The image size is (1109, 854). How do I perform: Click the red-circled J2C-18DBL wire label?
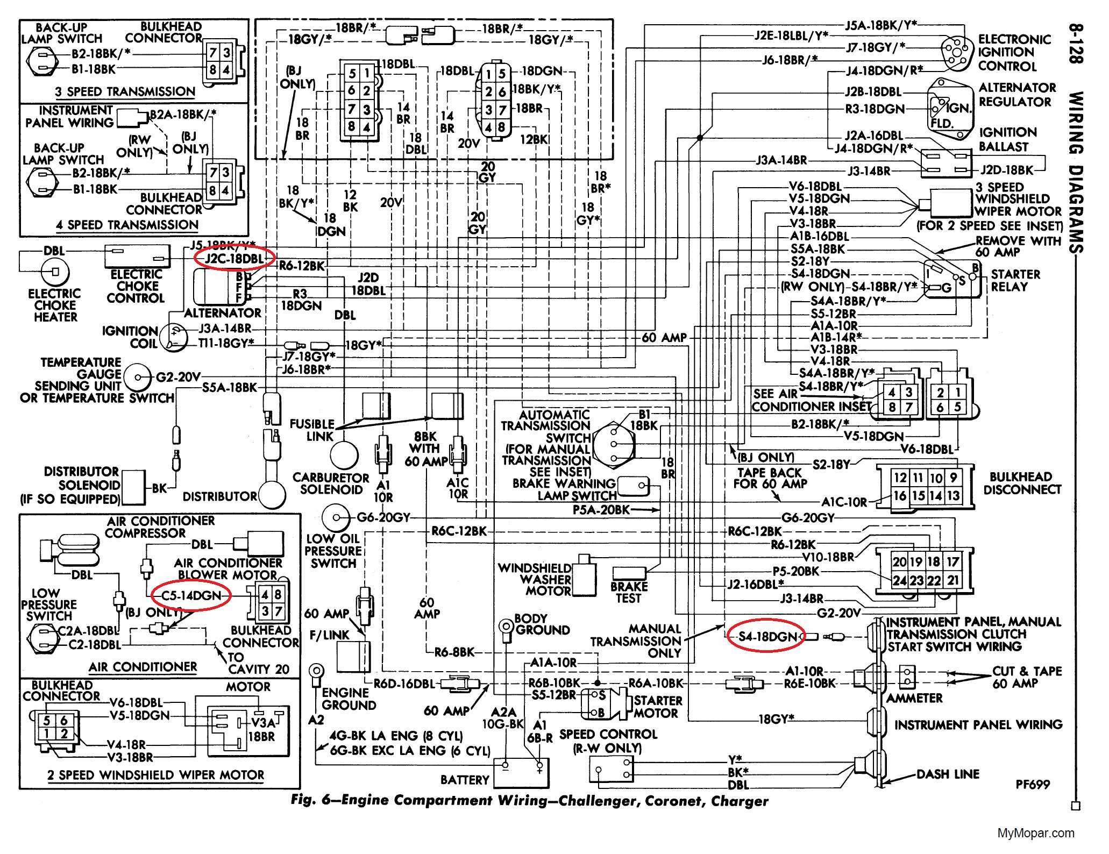coord(234,259)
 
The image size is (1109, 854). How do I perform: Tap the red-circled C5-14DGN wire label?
coord(191,595)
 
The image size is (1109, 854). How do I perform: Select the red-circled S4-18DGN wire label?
coord(767,637)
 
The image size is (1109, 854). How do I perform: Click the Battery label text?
coord(464,779)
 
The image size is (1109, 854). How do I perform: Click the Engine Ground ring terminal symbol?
coord(316,672)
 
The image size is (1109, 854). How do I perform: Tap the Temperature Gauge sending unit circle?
coord(138,378)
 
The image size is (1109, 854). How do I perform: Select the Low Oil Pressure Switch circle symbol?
coord(336,517)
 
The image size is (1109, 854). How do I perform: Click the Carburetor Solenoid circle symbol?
coord(344,456)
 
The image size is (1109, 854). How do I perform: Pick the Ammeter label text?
coord(914,698)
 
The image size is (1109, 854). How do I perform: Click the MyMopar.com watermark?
coord(1036,833)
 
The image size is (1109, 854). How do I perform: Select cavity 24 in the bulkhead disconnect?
coord(899,580)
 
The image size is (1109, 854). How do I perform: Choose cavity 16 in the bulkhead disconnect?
coord(900,496)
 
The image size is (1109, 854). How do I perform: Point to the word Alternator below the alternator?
coord(223,312)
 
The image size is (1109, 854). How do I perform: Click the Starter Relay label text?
coord(1014,280)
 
